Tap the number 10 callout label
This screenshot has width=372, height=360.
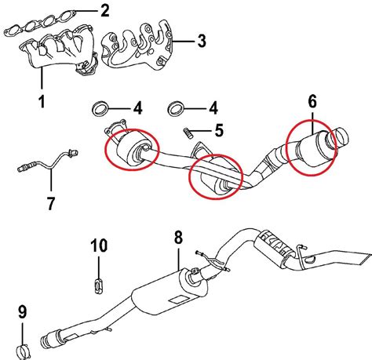click(98, 246)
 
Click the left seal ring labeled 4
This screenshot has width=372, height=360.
click(100, 107)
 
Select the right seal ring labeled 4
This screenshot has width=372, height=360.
click(177, 107)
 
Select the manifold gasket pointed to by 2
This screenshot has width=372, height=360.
click(47, 22)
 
